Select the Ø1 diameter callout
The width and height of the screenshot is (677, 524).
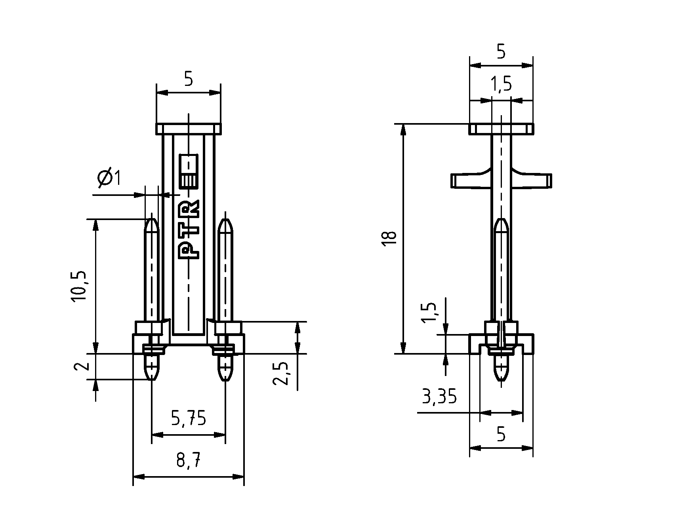(109, 178)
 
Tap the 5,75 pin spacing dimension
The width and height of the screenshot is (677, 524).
(189, 418)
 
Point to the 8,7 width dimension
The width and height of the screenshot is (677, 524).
(189, 461)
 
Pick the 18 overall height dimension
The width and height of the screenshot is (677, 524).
(390, 239)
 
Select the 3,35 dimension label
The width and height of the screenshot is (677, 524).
(439, 397)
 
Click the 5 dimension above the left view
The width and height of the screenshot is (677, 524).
(189, 80)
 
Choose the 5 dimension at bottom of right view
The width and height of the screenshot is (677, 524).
(501, 435)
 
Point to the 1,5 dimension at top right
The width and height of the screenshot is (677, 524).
(501, 84)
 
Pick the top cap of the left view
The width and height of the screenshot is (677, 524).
(189, 129)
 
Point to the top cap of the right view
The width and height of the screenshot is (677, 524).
(501, 129)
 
